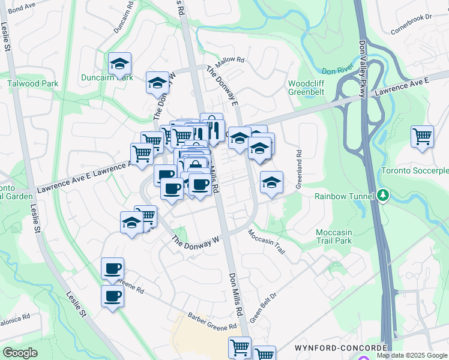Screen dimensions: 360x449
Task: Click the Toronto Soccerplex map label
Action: click(x=415, y=171)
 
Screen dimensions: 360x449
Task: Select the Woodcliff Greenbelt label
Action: click(x=307, y=88)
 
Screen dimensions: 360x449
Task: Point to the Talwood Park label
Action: click(x=33, y=83)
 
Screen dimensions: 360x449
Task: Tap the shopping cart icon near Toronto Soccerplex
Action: click(x=423, y=136)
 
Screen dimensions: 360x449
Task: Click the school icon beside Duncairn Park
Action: click(x=120, y=63)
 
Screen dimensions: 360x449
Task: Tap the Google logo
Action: click(x=20, y=353)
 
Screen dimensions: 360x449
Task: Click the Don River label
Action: click(x=337, y=70)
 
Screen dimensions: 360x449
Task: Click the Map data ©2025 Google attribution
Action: click(x=411, y=355)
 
